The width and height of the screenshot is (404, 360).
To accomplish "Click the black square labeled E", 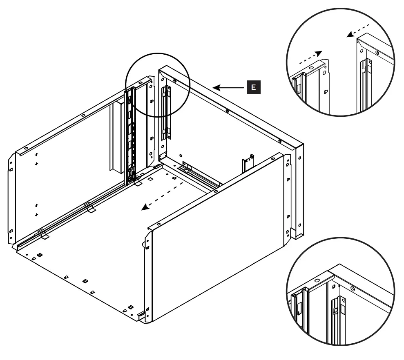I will pyautogui.click(x=253, y=87).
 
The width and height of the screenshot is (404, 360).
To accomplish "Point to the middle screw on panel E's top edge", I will pyautogui.click(x=227, y=111).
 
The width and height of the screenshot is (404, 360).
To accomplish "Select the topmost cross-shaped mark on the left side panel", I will pyautogui.click(x=36, y=154).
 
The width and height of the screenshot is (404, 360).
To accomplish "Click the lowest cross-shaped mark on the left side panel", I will pyautogui.click(x=36, y=214).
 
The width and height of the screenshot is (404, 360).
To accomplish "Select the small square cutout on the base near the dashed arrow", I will pyautogui.click(x=150, y=179).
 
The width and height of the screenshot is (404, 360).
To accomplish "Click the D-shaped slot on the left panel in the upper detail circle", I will pyautogui.click(x=326, y=91).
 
